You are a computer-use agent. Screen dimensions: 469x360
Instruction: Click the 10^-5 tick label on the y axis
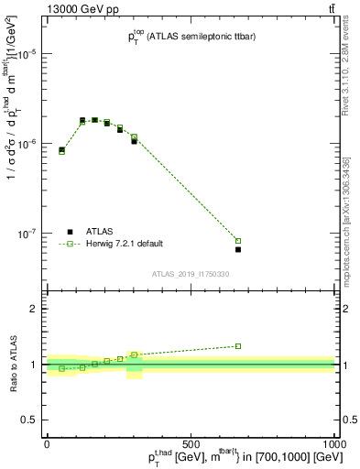(x=28, y=54)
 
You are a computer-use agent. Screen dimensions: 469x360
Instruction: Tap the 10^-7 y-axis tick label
(x=28, y=234)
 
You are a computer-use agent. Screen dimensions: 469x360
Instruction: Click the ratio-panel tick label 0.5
(x=29, y=420)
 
